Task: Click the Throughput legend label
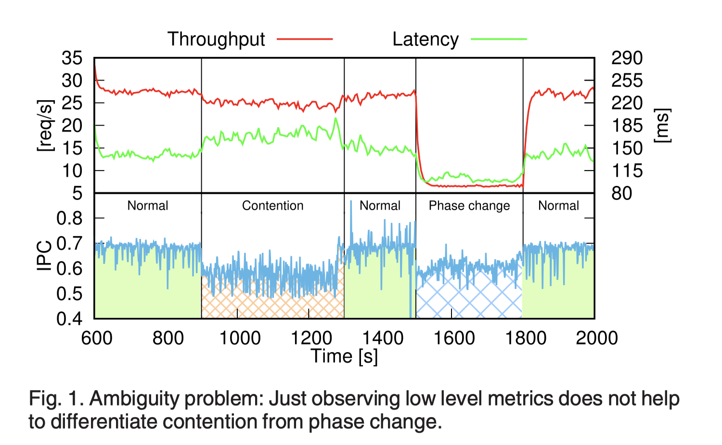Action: click(216, 39)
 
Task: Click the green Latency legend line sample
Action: click(499, 39)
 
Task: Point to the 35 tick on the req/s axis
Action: click(72, 58)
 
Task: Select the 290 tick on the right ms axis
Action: click(627, 58)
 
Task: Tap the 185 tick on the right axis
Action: click(627, 126)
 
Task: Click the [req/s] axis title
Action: click(46, 126)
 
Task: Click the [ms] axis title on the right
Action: click(662, 126)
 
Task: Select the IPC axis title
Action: click(44, 256)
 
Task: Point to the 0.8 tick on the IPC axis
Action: click(69, 218)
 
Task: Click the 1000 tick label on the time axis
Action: click(240, 338)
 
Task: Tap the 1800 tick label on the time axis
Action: click(526, 338)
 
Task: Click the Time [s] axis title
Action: click(344, 356)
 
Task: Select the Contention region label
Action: click(272, 206)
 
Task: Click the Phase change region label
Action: click(469, 206)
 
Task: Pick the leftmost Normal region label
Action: click(148, 206)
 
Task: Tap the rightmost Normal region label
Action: click(558, 206)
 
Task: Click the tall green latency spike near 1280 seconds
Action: click(335, 119)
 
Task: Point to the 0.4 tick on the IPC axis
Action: click(69, 318)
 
